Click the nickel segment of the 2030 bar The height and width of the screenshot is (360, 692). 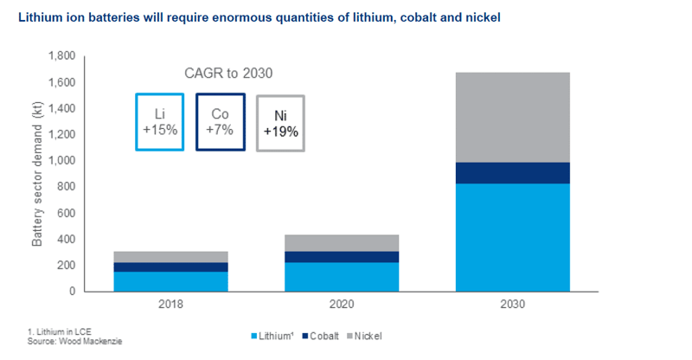click(512, 118)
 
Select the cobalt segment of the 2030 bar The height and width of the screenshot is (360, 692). click(512, 173)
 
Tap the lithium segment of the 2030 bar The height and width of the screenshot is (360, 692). click(512, 238)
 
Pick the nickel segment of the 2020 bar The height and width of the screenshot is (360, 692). click(342, 243)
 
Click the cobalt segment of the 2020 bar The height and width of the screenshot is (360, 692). click(342, 257)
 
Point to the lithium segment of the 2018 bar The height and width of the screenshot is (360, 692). click(170, 281)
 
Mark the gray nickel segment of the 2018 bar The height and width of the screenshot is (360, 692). click(170, 257)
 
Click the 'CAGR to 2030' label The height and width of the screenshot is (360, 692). click(228, 73)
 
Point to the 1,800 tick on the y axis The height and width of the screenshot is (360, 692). click(61, 55)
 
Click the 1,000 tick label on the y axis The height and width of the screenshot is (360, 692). click(61, 160)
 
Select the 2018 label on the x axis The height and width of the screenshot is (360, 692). click(170, 305)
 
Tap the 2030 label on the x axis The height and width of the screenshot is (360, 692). click(512, 305)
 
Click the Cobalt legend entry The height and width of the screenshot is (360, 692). click(321, 336)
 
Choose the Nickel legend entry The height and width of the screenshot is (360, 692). click(364, 336)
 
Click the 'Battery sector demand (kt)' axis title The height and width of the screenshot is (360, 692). click(37, 174)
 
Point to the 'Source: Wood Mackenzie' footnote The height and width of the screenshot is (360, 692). click(74, 342)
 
